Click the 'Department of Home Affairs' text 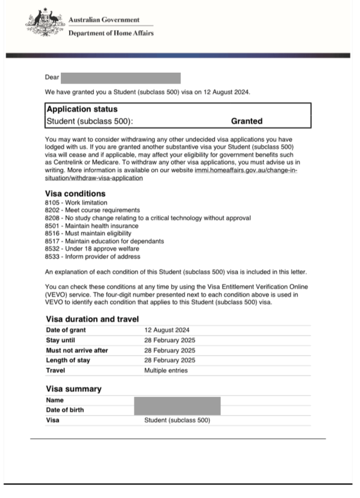pyautogui.click(x=110, y=33)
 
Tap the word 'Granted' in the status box pyautogui.click(x=246, y=121)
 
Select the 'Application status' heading pyautogui.click(x=82, y=110)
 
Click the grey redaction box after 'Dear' pyautogui.click(x=120, y=78)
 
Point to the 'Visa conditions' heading pyautogui.click(x=75, y=194)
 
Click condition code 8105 pyautogui.click(x=53, y=203)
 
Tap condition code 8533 pyautogui.click(x=53, y=256)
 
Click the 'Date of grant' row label pyautogui.click(x=65, y=330)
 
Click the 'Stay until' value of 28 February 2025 pyautogui.click(x=170, y=340)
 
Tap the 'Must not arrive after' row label pyautogui.click(x=76, y=350)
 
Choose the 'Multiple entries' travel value pyautogui.click(x=166, y=370)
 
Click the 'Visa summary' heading pyautogui.click(x=73, y=389)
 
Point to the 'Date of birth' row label pyautogui.click(x=65, y=410)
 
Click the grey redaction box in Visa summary pyautogui.click(x=177, y=405)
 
